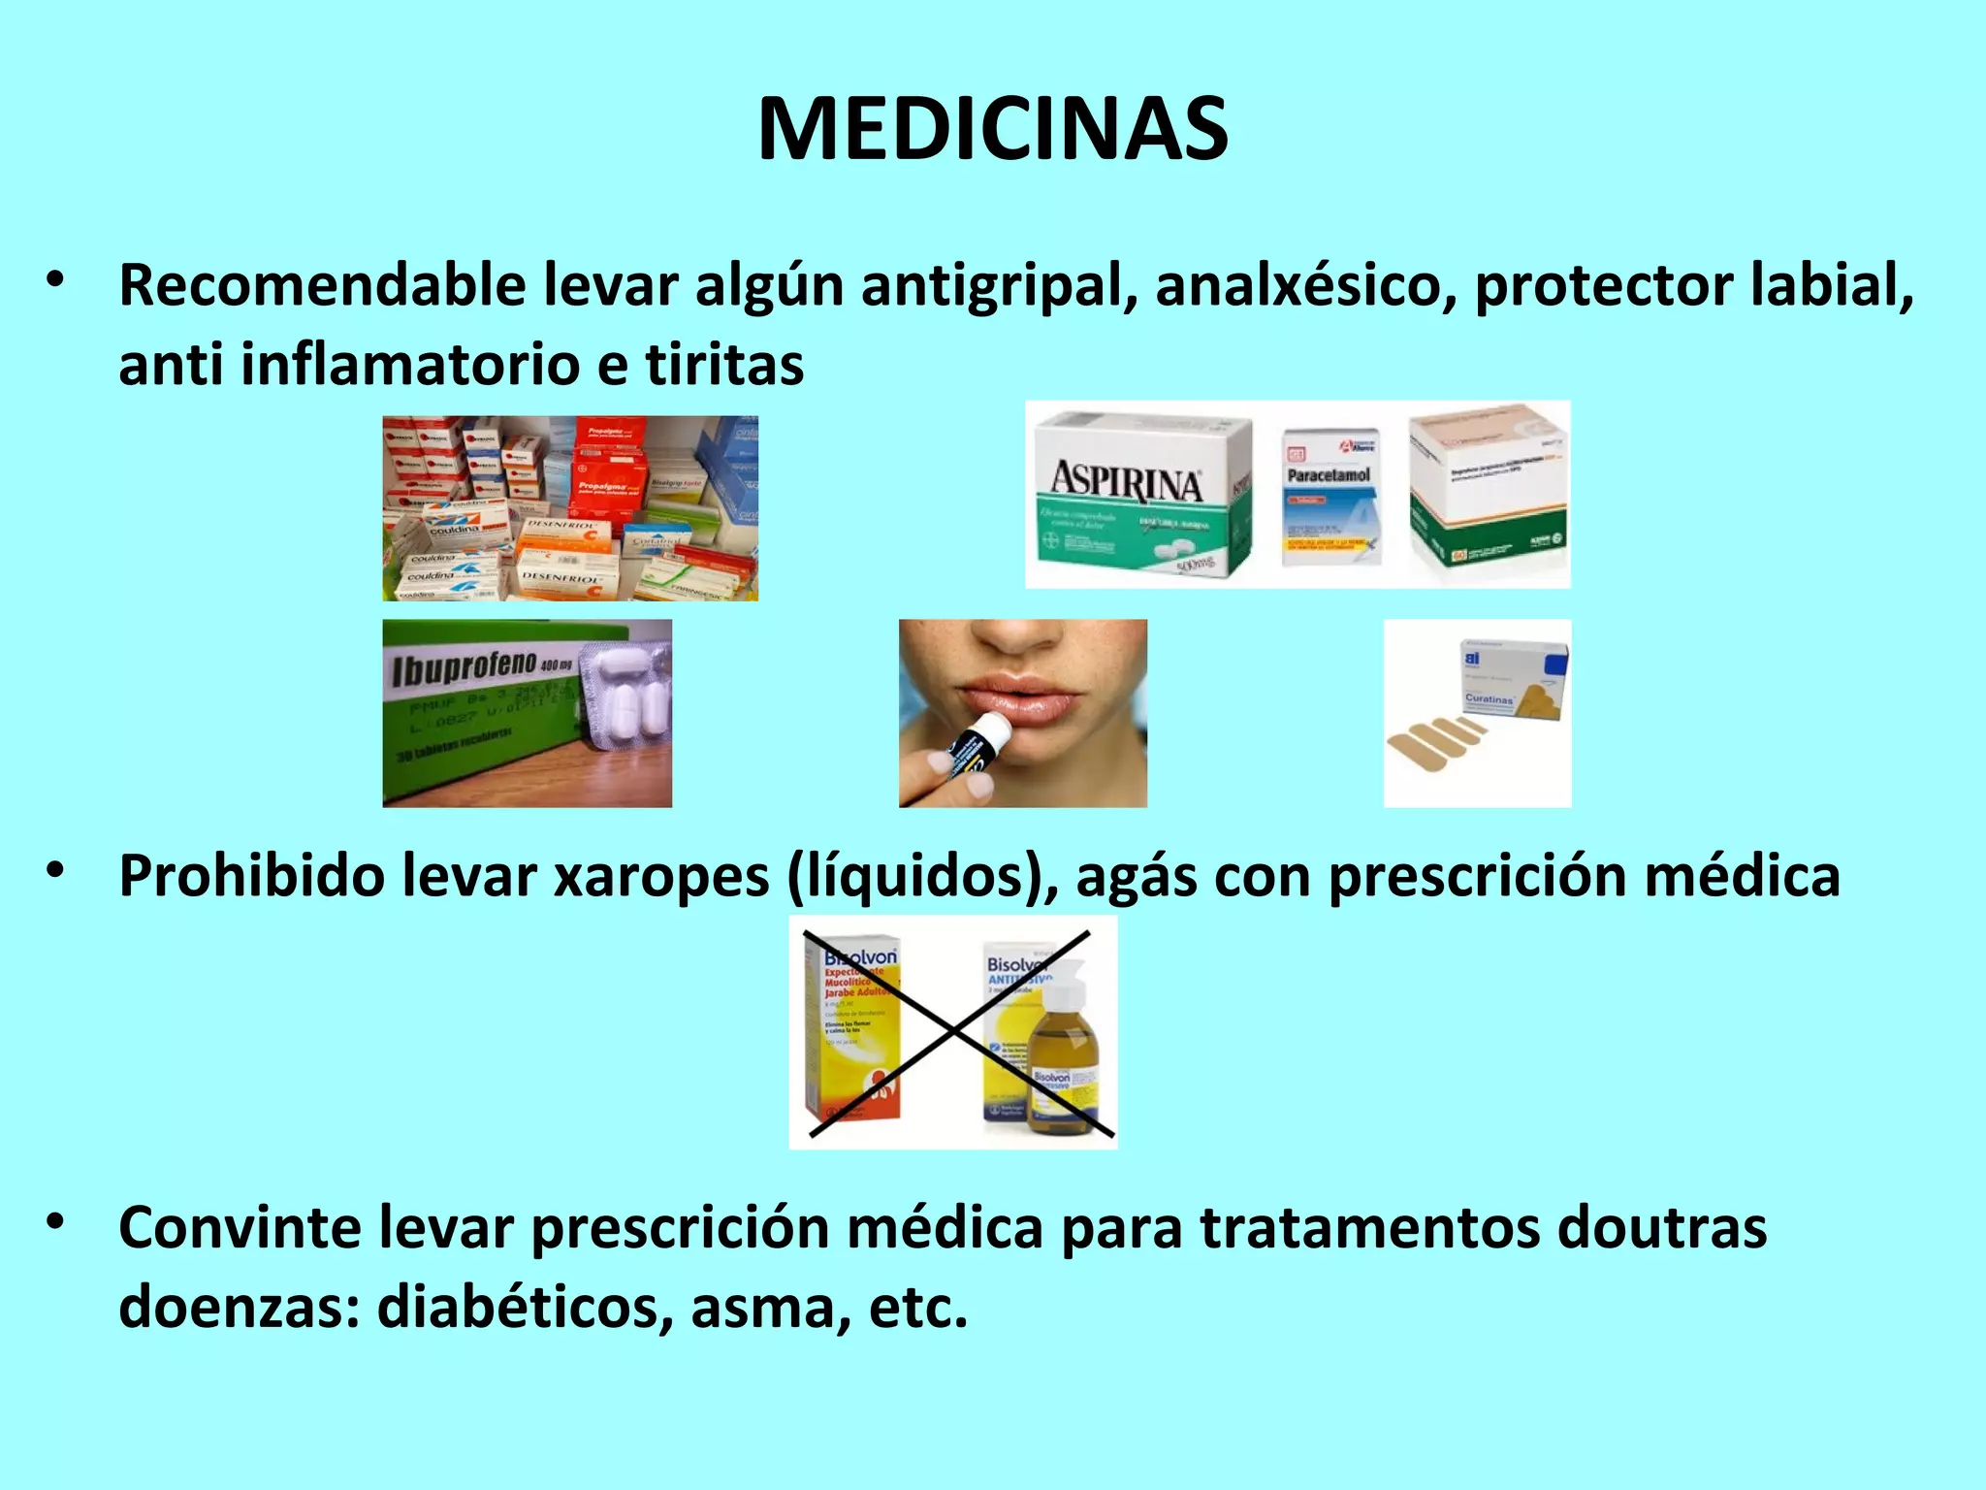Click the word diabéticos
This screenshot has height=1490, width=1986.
point(524,1307)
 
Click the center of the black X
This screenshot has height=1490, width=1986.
point(953,1032)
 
